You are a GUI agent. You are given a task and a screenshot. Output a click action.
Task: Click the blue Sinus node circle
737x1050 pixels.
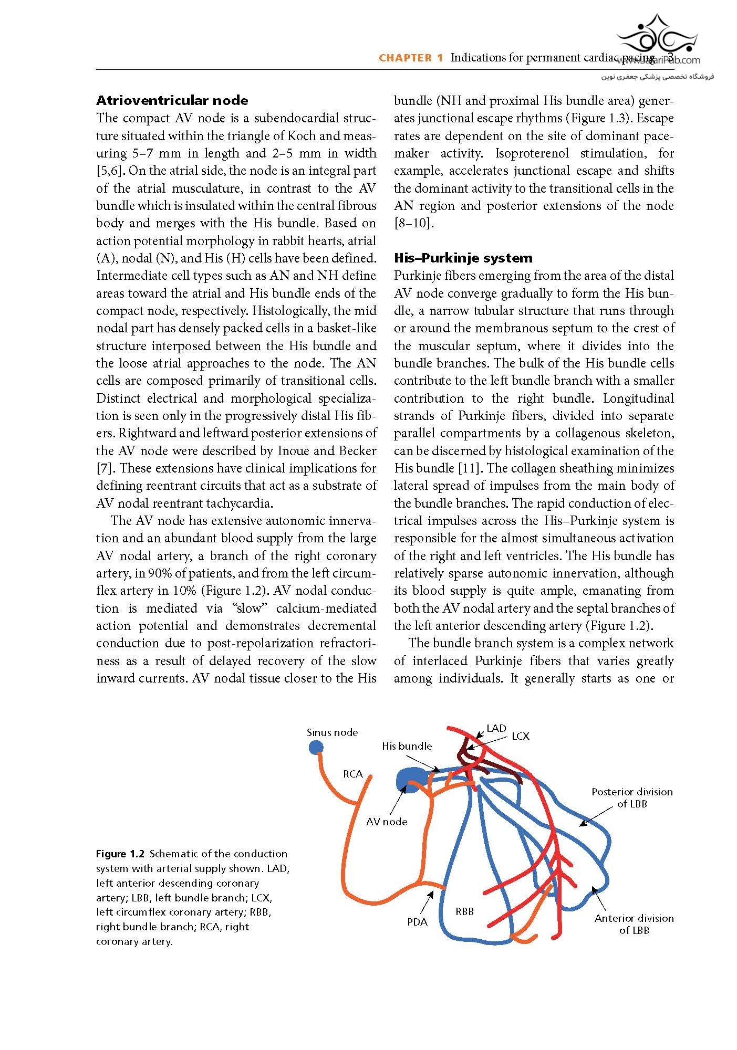pyautogui.click(x=316, y=747)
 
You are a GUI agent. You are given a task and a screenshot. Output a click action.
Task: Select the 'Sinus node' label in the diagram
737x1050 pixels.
pyautogui.click(x=332, y=732)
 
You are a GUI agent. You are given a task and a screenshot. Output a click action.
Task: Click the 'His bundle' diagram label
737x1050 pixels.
pyautogui.click(x=407, y=746)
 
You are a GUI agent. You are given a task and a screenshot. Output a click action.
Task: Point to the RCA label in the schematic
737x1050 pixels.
pyautogui.click(x=353, y=774)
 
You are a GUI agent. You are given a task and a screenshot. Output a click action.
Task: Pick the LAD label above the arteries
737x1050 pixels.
pyautogui.click(x=496, y=728)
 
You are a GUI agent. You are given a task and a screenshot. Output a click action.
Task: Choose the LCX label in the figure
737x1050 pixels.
pyautogui.click(x=521, y=737)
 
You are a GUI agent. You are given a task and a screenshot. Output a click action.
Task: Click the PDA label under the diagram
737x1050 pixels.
pyautogui.click(x=417, y=922)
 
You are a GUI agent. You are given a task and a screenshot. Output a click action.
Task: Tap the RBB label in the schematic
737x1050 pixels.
pyautogui.click(x=465, y=911)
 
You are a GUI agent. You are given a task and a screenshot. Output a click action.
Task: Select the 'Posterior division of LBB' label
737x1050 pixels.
pyautogui.click(x=632, y=798)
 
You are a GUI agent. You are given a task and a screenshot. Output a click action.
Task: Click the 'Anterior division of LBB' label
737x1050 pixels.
pyautogui.click(x=634, y=924)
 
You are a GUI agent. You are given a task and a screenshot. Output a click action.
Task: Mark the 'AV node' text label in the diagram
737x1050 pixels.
pyautogui.click(x=387, y=822)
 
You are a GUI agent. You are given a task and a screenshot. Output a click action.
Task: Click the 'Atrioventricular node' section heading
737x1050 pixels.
pyautogui.click(x=172, y=100)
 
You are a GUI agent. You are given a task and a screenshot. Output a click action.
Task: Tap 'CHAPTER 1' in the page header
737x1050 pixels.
pyautogui.click(x=411, y=58)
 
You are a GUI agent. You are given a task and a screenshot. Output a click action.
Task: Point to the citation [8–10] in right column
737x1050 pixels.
pyautogui.click(x=414, y=223)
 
